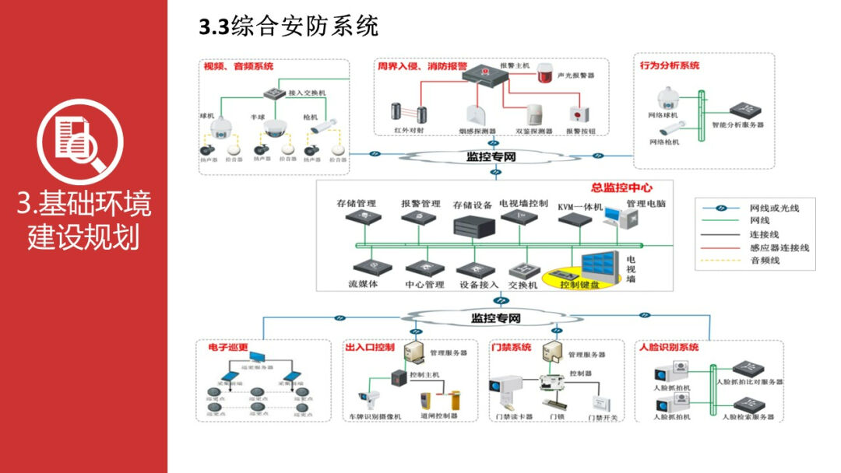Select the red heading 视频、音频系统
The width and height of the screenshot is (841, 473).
click(238, 67)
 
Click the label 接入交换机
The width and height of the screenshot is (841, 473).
click(307, 93)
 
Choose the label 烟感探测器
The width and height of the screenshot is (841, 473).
click(478, 131)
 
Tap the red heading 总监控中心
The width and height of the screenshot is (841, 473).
click(621, 187)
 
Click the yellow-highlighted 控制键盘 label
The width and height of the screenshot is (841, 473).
click(579, 285)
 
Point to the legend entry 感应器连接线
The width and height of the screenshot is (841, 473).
click(779, 247)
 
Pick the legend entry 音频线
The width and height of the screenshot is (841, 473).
click(765, 261)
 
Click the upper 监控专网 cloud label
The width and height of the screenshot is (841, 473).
click(491, 157)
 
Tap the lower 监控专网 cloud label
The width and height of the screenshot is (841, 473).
click(495, 318)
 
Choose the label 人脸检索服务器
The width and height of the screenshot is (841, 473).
click(748, 417)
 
